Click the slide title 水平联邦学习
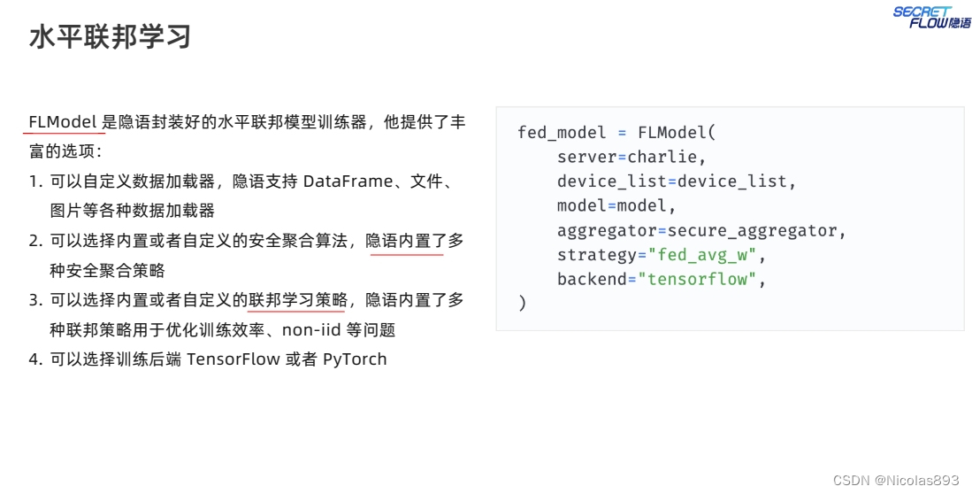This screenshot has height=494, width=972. [110, 37]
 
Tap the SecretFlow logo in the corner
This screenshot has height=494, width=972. [931, 17]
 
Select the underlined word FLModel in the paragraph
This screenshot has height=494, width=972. [62, 122]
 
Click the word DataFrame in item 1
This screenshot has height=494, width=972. [348, 181]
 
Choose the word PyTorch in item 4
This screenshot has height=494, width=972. [355, 359]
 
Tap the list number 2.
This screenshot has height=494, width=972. [34, 241]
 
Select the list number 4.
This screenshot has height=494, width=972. [34, 359]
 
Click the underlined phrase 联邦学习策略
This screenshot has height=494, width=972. [295, 300]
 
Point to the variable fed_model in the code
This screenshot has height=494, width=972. [562, 133]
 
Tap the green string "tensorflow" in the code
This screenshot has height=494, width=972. [706, 280]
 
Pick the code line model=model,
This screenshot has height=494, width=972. [616, 206]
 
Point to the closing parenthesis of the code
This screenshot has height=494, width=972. [523, 304]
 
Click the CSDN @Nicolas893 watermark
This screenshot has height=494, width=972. [896, 480]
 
